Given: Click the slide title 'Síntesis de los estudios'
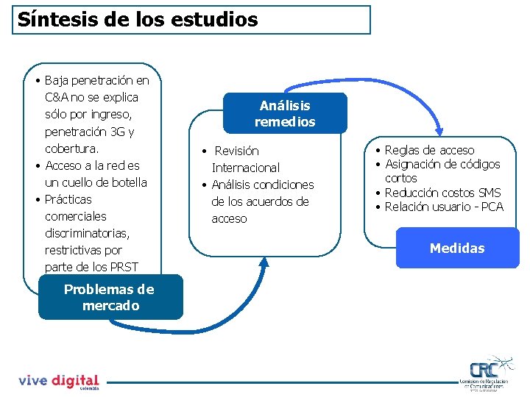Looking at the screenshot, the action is click(x=138, y=20).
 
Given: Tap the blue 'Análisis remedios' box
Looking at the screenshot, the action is click(x=285, y=113).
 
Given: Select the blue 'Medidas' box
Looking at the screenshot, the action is click(x=457, y=248).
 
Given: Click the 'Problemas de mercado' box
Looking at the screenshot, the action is click(x=110, y=297).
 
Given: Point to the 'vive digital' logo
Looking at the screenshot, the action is click(x=58, y=381).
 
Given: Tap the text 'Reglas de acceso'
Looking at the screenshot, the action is click(x=430, y=150).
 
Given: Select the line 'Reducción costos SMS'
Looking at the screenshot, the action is click(x=443, y=193).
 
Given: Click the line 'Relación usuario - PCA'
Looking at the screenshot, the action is click(x=445, y=207).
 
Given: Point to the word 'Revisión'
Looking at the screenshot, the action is click(x=236, y=151).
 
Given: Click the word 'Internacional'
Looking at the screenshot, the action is click(x=246, y=168).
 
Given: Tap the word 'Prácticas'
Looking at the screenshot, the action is click(x=68, y=199).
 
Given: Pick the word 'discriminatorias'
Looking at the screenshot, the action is click(x=87, y=233).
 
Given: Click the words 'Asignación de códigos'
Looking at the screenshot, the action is click(x=442, y=164).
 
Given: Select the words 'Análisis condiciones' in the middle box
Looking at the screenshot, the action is click(x=263, y=185).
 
